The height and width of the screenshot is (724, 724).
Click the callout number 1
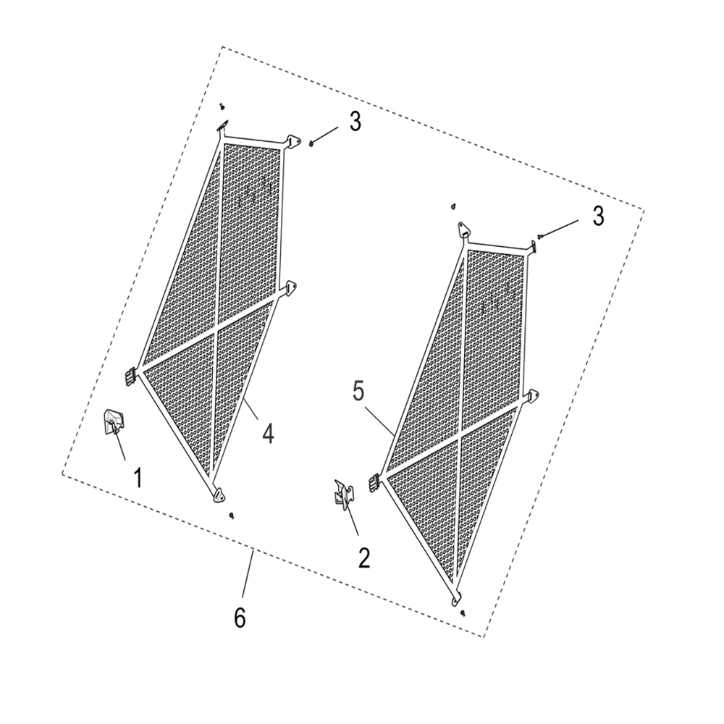point(138,477)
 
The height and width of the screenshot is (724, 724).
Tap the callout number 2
point(364,558)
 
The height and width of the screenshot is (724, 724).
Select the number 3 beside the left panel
point(355,122)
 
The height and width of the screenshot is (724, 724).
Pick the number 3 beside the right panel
point(599,216)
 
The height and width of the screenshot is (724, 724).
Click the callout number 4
point(269,434)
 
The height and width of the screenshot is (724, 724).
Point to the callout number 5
point(359,392)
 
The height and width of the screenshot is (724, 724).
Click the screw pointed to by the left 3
point(312,143)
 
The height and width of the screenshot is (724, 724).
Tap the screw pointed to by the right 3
point(540,237)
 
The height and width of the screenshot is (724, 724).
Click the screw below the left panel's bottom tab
point(231,515)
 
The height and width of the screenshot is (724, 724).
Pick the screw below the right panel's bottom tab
point(463,613)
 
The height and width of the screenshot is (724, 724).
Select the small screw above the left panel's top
point(222,106)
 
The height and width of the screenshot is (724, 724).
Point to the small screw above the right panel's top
point(455,206)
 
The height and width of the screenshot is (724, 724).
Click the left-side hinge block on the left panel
point(130,375)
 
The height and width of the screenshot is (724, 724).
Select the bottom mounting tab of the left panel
point(218,495)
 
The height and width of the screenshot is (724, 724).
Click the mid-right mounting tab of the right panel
point(535,396)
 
